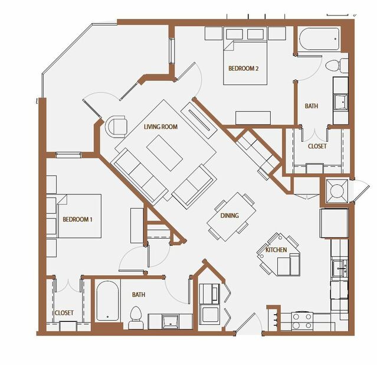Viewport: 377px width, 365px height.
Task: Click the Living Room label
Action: point(160,126)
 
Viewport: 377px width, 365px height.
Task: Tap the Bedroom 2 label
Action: point(243,69)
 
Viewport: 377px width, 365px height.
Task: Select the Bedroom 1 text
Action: point(77,219)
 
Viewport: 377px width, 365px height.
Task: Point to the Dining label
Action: point(230,216)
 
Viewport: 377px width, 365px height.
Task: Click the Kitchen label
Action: point(276,250)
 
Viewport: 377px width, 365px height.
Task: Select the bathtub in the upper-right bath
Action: point(319,39)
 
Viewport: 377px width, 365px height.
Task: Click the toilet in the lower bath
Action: point(136,318)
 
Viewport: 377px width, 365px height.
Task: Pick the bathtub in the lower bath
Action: point(107,301)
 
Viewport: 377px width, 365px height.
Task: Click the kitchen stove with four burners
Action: point(302,321)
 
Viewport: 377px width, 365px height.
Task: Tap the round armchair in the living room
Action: point(116,126)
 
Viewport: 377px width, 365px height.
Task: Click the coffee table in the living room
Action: point(165,153)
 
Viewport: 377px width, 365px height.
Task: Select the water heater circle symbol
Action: point(337,191)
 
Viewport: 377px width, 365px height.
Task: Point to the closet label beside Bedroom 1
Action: point(64,313)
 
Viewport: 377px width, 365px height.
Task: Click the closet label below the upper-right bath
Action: point(317,146)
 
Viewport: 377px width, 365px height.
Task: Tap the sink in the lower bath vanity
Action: point(171,321)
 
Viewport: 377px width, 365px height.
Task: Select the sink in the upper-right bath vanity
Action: point(340,102)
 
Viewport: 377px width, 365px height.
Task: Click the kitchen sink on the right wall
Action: point(340,269)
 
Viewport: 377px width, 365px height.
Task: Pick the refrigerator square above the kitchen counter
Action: point(334,223)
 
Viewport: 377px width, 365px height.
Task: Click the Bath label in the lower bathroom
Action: point(139,295)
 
